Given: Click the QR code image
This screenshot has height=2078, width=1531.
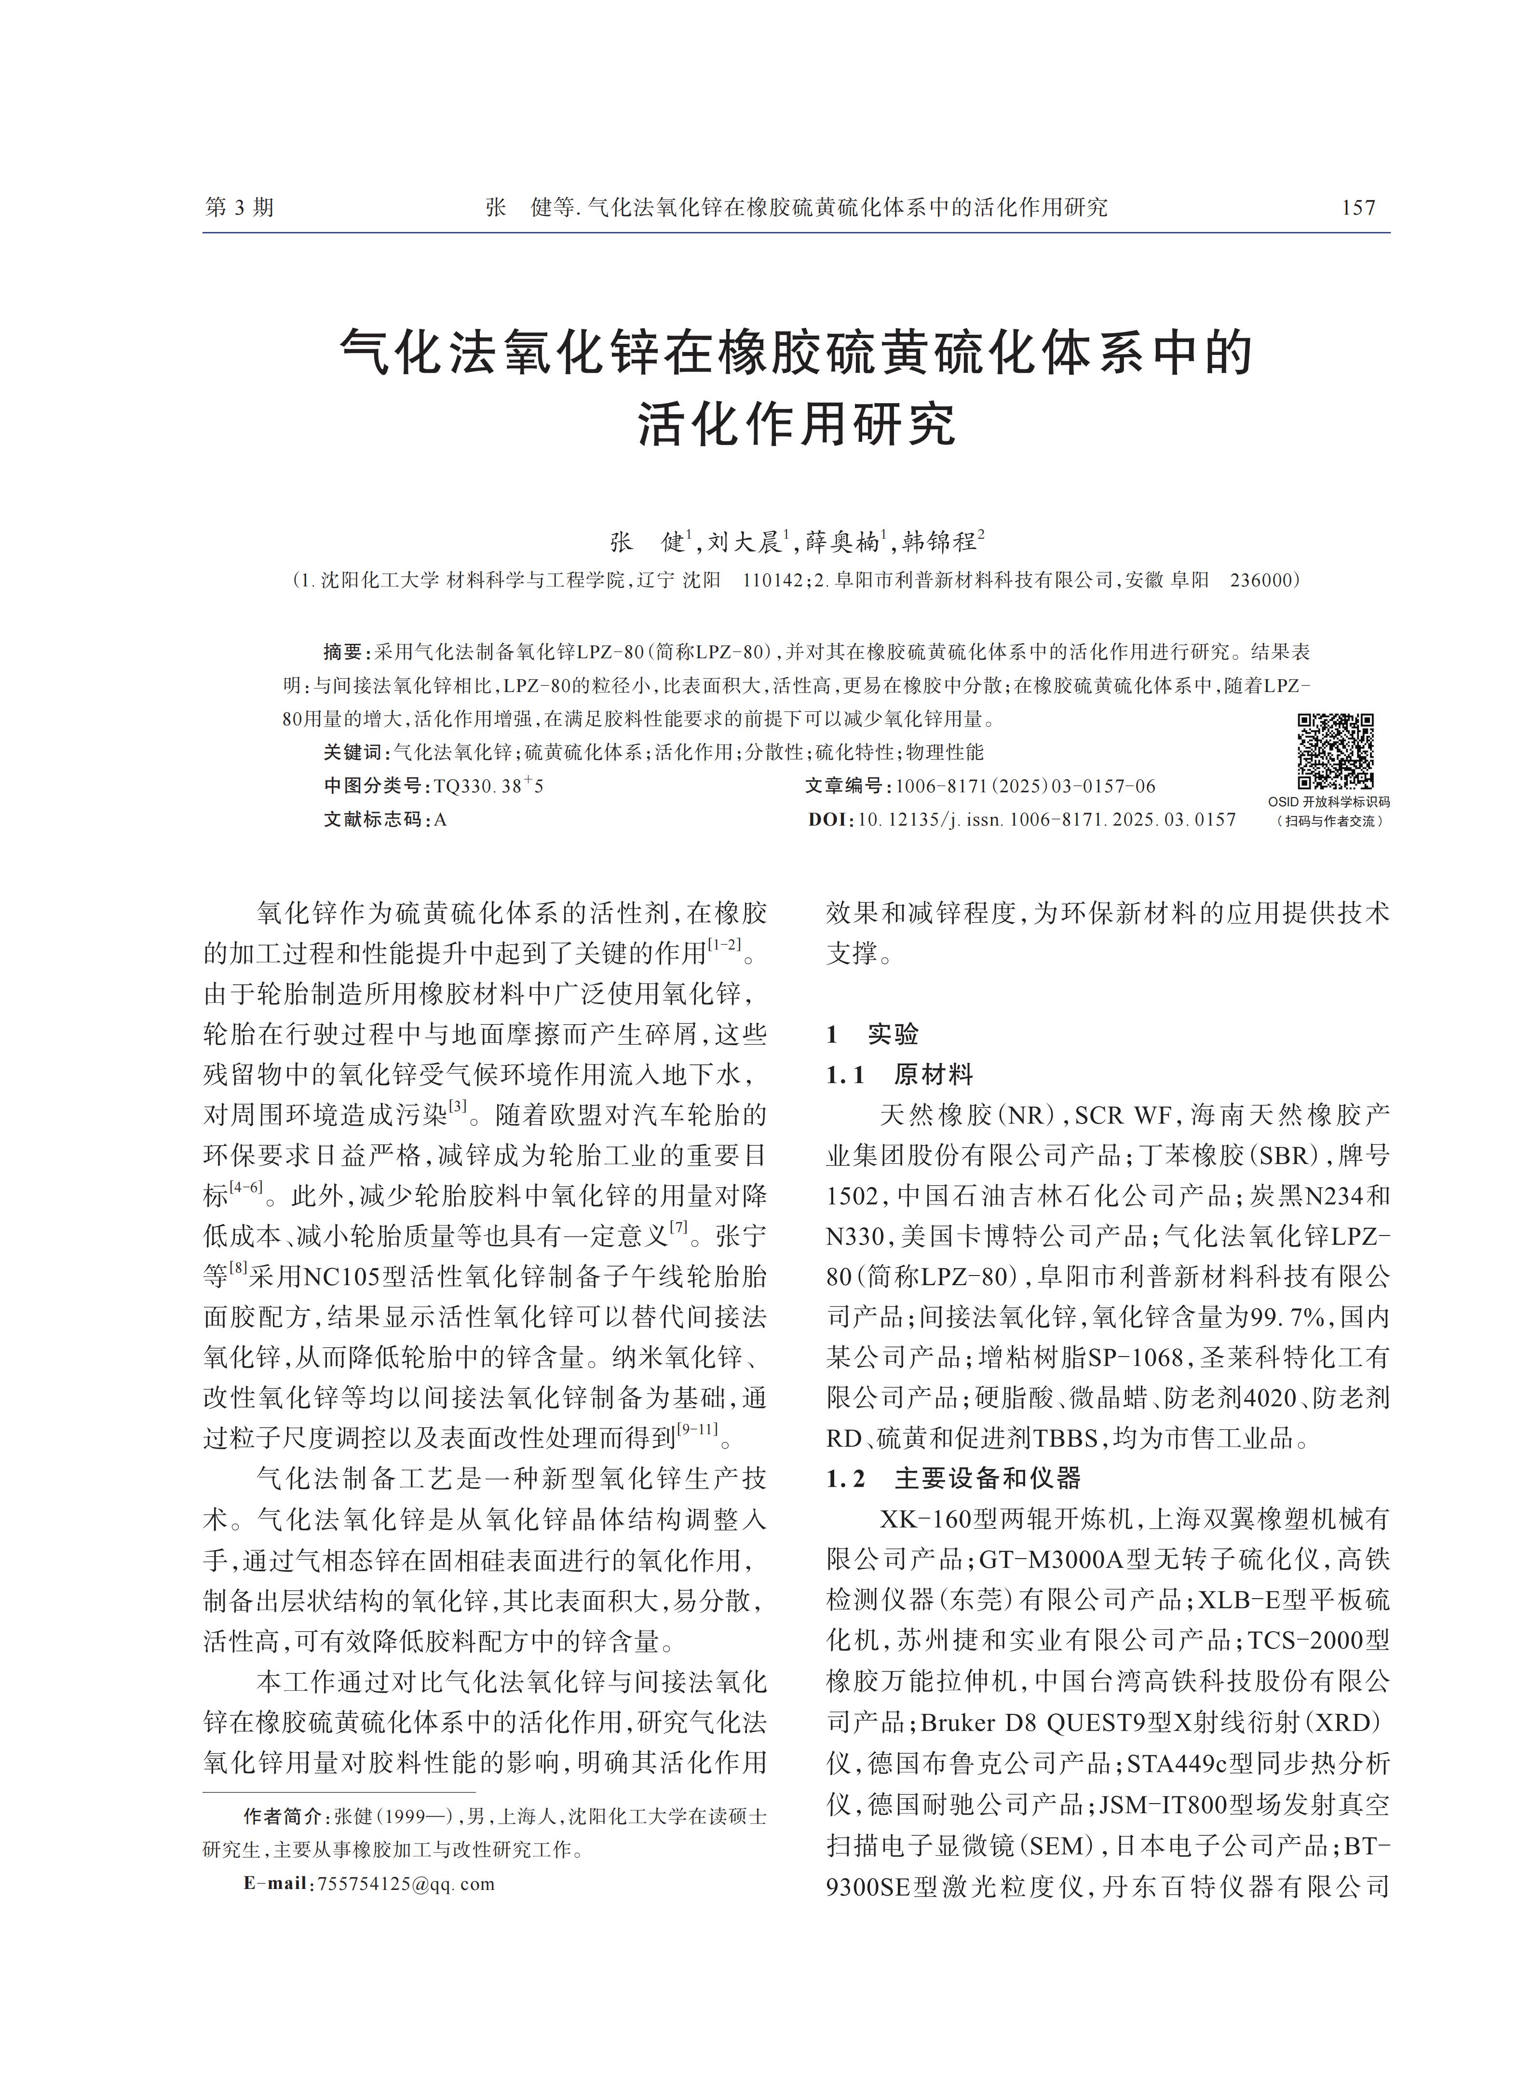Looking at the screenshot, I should point(1335,751).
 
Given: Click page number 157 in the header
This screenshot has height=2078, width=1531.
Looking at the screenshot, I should point(1359,208).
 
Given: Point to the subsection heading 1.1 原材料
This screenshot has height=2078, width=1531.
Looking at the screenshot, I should point(899,1075).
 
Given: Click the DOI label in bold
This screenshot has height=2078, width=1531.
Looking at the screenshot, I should point(828,819).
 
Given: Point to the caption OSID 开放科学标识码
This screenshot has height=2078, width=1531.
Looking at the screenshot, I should point(1329,801).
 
